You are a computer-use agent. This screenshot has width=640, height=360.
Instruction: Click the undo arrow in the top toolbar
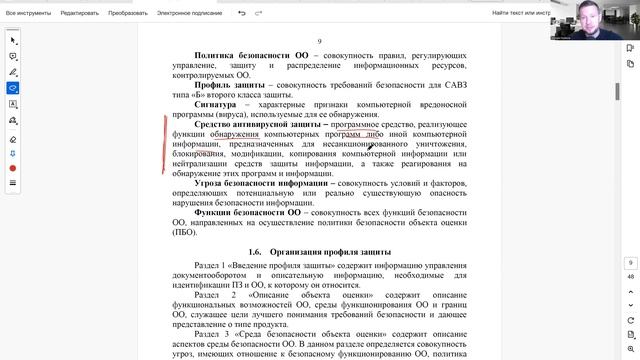point(243,14)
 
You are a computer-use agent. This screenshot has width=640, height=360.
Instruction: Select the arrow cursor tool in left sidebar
point(12,40)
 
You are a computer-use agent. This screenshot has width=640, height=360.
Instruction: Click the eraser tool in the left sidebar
point(12,139)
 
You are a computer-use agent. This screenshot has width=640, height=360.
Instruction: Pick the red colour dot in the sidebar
point(12,169)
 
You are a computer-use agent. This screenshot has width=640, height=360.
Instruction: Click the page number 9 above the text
point(319,42)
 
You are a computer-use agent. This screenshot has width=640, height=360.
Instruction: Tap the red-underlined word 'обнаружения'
point(234,133)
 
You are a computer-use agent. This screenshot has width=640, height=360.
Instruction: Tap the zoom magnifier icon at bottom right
point(629,346)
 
